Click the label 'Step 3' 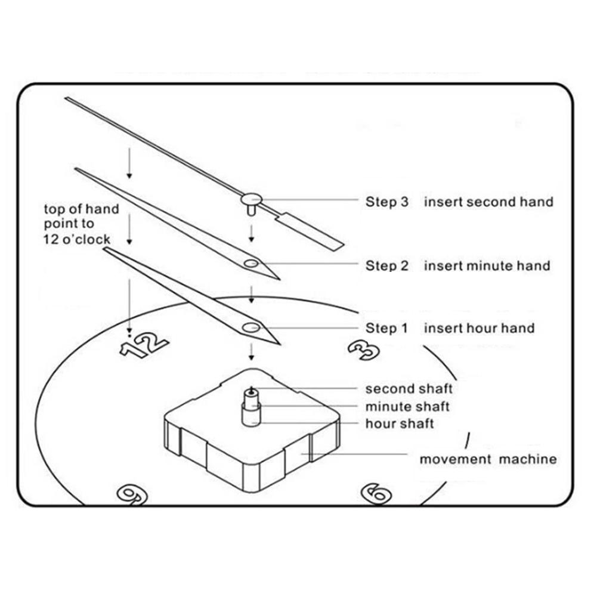pos(386,202)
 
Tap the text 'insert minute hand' pos(487,265)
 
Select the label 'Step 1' pos(386,328)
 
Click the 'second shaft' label pos(409,389)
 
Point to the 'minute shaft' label pos(407,407)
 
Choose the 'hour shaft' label pos(400,424)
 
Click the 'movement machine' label pos(487,459)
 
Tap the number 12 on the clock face pos(144,344)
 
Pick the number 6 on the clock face pos(377,493)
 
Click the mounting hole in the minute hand pos(250,263)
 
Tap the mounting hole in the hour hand pos(250,326)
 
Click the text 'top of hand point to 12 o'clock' pos(82,224)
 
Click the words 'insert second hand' pos(488,202)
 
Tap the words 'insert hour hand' pos(479,328)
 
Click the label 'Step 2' pos(386,265)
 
